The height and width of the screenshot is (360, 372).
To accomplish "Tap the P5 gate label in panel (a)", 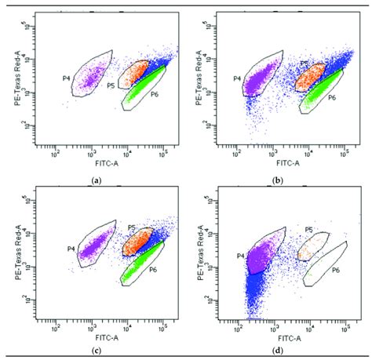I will (111, 85).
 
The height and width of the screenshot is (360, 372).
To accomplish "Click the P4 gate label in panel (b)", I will (237, 78).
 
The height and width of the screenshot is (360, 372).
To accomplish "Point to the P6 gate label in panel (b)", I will (331, 97).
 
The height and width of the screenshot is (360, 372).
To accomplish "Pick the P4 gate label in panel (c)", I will (70, 249).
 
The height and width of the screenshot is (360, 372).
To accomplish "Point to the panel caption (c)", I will (96, 349).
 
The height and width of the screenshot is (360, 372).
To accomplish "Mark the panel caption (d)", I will (280, 349).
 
